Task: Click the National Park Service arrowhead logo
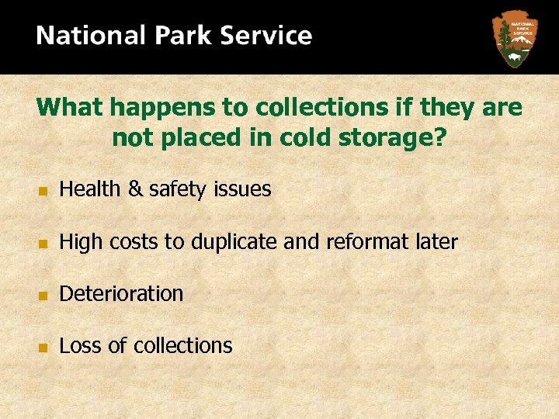pyautogui.click(x=513, y=39)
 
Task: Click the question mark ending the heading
pyautogui.click(x=440, y=138)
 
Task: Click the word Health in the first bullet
pyautogui.click(x=88, y=189)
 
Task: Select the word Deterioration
pyautogui.click(x=121, y=294)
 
